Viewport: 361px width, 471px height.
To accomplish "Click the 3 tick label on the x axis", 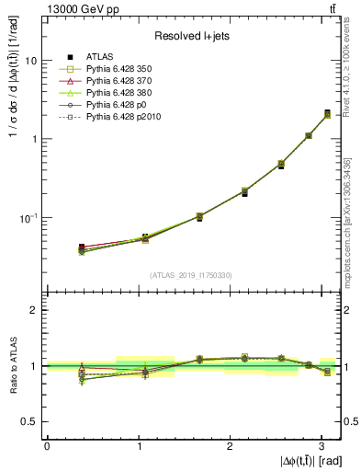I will (320, 444).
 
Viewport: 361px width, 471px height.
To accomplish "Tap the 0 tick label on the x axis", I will (47, 444).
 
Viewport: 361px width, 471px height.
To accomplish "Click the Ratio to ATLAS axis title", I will (10, 366).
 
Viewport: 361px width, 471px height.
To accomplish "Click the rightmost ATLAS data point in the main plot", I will (327, 114).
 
